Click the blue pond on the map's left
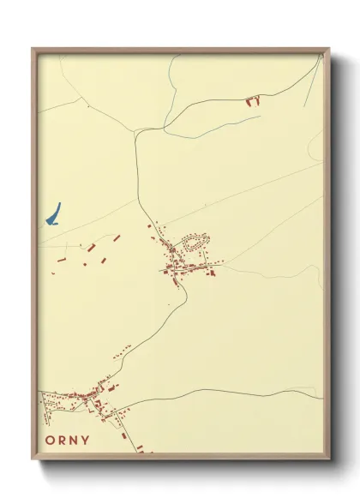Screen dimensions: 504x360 click(54, 213)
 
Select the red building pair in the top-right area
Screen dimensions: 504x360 click(252, 101)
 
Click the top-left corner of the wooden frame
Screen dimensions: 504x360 click(33, 50)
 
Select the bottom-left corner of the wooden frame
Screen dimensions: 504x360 click(33, 460)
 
